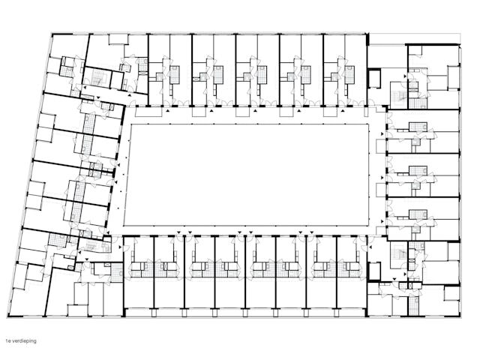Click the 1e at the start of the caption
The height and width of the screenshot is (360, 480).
[7, 340]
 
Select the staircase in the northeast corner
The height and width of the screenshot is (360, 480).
[399, 95]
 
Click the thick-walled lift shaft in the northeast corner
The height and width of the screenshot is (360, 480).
[373, 79]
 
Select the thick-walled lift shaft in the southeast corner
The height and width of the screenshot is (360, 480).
[373, 271]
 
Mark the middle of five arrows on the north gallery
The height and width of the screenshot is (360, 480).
[255, 111]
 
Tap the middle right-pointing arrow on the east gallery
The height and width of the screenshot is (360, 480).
[382, 178]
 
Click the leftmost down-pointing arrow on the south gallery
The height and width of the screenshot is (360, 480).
[178, 232]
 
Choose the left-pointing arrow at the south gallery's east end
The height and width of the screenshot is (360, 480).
[370, 247]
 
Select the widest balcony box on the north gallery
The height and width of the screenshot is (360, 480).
[148, 112]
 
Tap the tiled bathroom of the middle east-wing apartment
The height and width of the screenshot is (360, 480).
[418, 171]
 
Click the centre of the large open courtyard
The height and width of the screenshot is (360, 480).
[247, 175]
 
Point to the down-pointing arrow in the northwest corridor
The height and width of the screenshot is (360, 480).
[98, 97]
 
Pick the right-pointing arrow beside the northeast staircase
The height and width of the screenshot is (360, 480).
[405, 76]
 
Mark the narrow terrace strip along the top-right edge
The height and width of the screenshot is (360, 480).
[414, 38]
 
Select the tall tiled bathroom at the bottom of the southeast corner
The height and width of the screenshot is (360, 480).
[415, 305]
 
